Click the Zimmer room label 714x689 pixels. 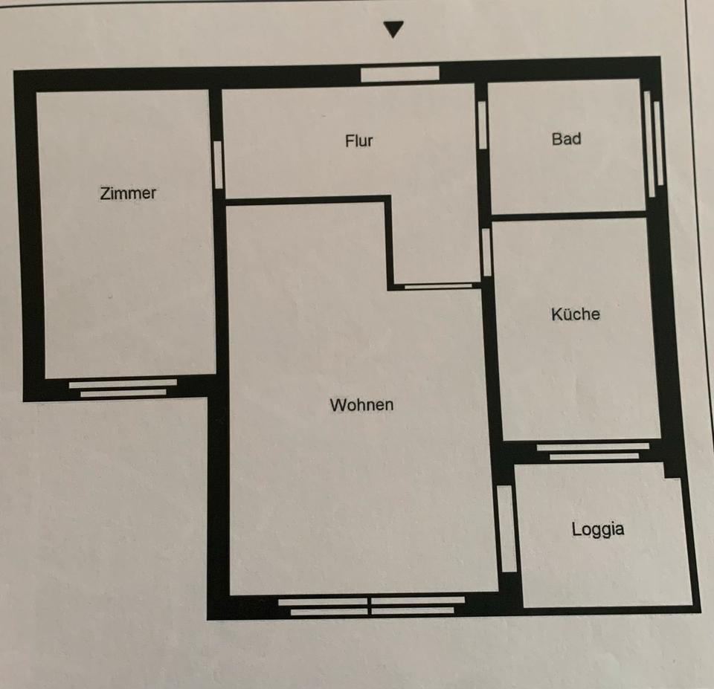click(128, 193)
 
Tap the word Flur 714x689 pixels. click(358, 140)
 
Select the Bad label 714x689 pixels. click(566, 139)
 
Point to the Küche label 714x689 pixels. click(575, 314)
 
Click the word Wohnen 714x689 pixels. click(361, 405)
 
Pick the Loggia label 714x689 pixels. click(597, 529)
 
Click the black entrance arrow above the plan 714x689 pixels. click(393, 30)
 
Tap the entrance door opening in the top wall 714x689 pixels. click(400, 74)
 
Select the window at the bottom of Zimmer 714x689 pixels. click(123, 388)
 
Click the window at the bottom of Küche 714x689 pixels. click(593, 451)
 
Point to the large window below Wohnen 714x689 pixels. click(372, 605)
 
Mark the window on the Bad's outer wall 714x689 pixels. click(652, 143)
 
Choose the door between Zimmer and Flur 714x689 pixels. click(218, 164)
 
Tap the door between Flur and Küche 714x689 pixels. click(486, 252)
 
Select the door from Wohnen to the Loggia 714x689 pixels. click(506, 528)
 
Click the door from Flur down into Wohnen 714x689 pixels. click(438, 285)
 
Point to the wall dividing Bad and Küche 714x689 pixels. click(569, 216)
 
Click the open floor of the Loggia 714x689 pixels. click(602, 565)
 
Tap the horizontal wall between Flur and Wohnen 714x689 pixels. click(305, 199)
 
